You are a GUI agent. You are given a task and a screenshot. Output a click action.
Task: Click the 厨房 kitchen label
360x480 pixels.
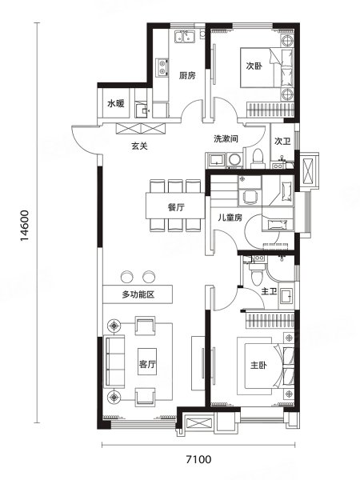(187, 75)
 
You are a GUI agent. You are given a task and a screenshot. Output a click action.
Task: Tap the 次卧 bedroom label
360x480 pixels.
(254, 66)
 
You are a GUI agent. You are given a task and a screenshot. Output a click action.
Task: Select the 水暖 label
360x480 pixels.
(116, 104)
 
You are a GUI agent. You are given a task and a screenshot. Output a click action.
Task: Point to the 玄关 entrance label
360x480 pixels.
(139, 146)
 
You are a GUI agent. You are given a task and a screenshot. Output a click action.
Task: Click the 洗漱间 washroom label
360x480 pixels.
(226, 138)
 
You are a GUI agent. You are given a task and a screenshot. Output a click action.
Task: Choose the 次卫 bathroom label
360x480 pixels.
(282, 141)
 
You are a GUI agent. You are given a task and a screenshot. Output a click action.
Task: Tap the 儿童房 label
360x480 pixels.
(230, 218)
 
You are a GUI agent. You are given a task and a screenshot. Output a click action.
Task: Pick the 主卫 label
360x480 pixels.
(269, 291)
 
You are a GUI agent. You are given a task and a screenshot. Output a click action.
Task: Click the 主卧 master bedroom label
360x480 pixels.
(258, 366)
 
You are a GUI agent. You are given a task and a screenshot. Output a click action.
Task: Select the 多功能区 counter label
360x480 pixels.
(138, 294)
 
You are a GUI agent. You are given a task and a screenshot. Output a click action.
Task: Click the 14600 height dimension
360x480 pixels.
(25, 226)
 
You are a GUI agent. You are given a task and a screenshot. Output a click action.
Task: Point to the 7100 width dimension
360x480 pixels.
(198, 459)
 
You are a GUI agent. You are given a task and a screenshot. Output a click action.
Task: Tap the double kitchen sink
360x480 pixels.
(185, 37)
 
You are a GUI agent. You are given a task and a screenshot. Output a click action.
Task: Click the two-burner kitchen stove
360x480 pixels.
(162, 67)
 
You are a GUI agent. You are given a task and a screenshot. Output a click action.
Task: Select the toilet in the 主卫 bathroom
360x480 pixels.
(256, 274)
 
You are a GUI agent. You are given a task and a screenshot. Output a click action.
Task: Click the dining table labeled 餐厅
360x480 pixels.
(175, 206)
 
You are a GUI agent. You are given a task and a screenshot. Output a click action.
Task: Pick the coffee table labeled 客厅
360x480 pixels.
(147, 362)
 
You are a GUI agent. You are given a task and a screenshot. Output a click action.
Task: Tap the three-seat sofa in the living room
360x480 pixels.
(114, 362)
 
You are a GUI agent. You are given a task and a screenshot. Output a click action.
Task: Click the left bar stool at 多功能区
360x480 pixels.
(127, 277)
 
